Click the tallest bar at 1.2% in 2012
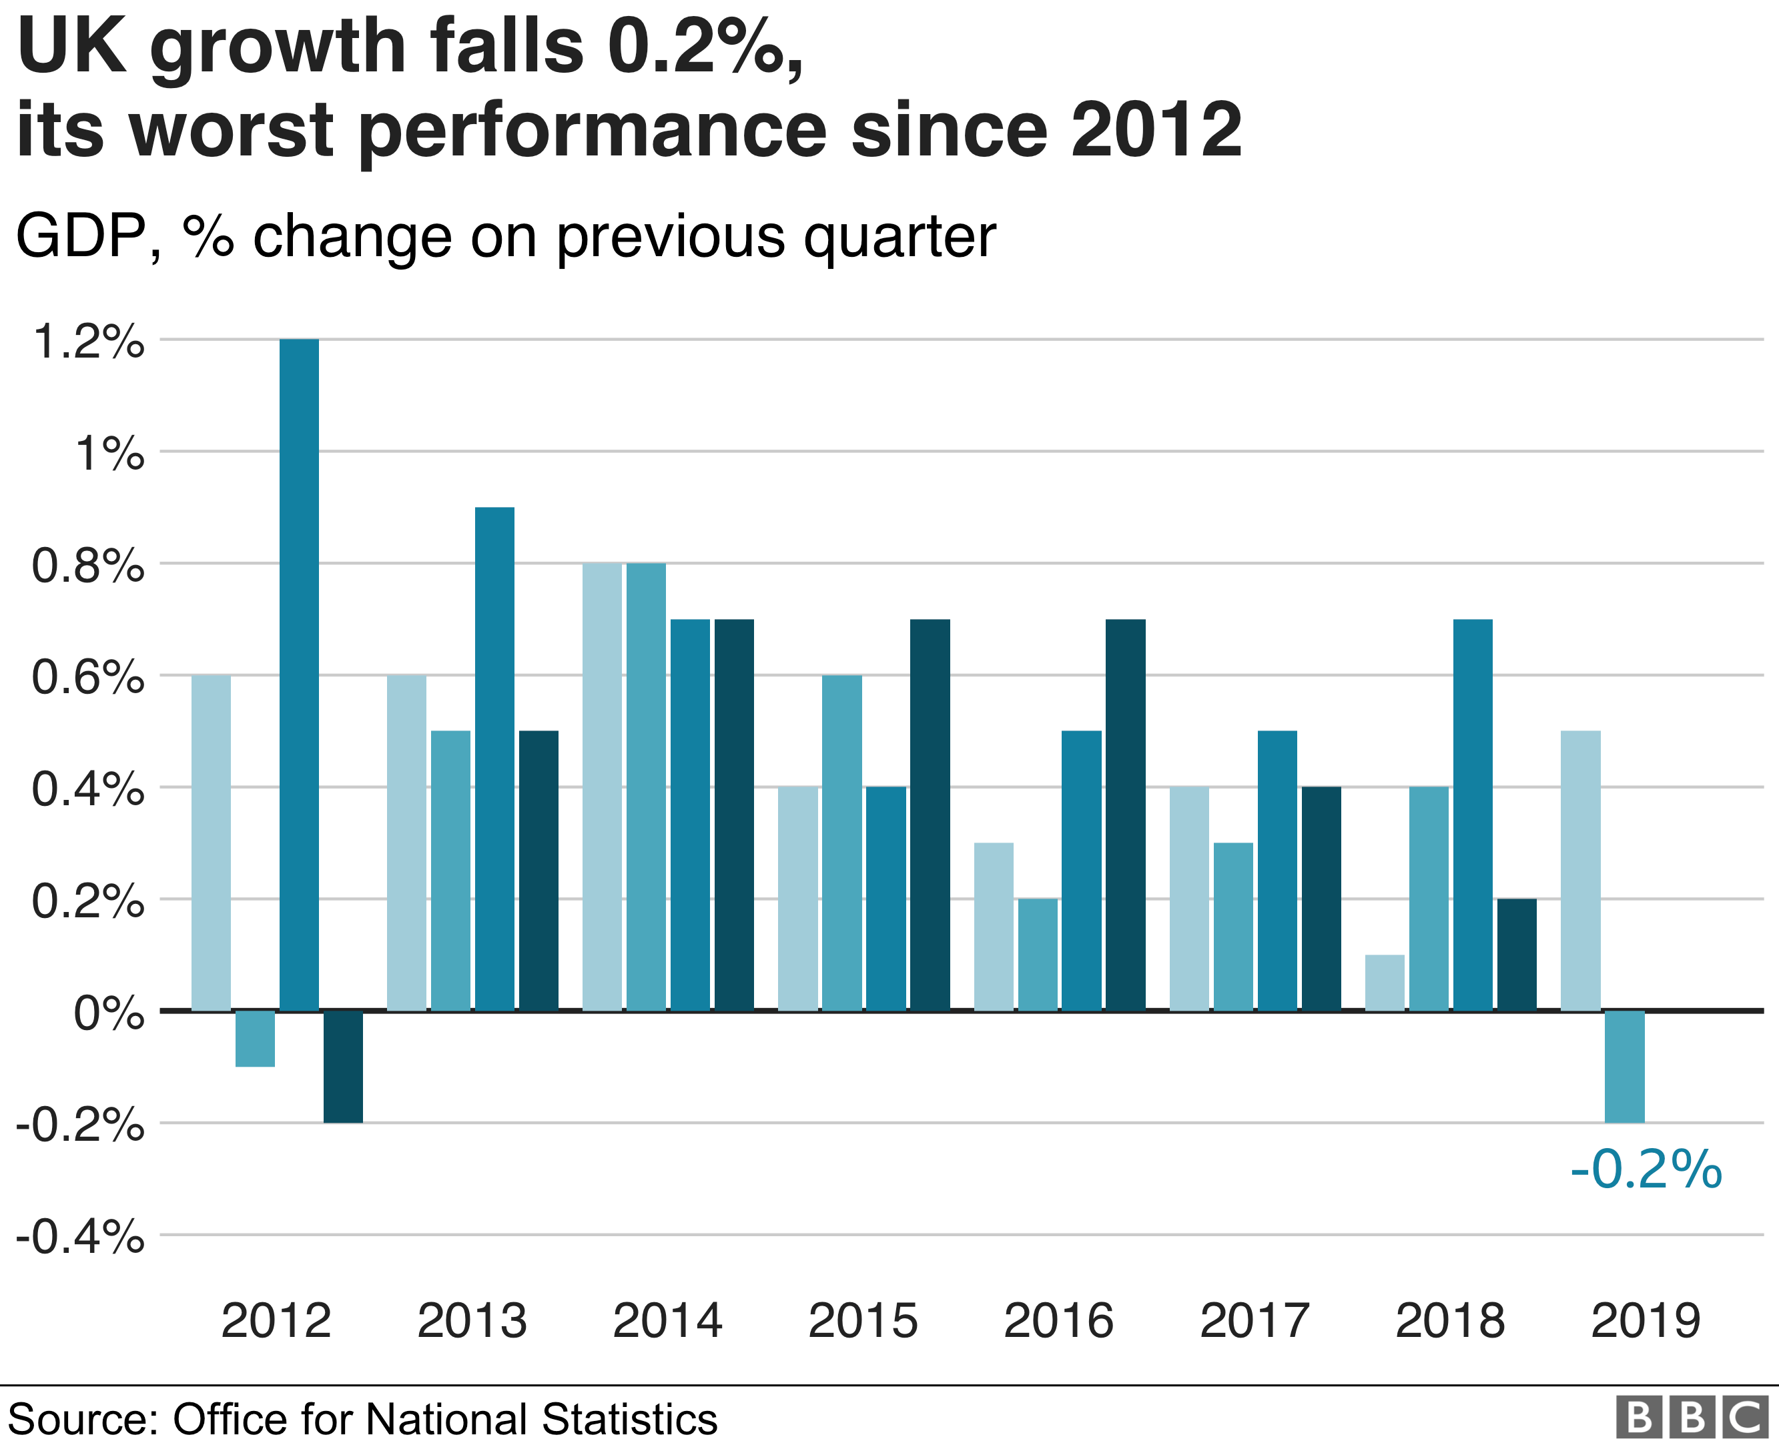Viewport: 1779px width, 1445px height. pyautogui.click(x=299, y=674)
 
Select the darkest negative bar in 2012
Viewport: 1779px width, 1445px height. pyautogui.click(x=343, y=1066)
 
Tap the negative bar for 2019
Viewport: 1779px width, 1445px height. pyautogui.click(x=1624, y=1066)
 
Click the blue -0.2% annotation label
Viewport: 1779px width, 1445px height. pyautogui.click(x=1645, y=1169)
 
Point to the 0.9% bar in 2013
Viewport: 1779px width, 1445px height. pyautogui.click(x=494, y=759)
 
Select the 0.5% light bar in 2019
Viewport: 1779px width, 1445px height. pyautogui.click(x=1580, y=871)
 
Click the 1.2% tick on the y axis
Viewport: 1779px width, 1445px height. pyautogui.click(x=88, y=342)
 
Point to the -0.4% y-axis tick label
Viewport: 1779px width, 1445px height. pyautogui.click(x=80, y=1238)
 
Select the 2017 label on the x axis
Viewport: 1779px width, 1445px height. pyautogui.click(x=1254, y=1321)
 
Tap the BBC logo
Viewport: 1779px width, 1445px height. pyautogui.click(x=1692, y=1418)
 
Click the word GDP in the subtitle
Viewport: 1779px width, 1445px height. pyautogui.click(x=81, y=237)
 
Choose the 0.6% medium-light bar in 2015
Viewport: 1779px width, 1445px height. pyautogui.click(x=841, y=843)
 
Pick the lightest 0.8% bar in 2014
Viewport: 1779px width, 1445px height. pyautogui.click(x=602, y=787)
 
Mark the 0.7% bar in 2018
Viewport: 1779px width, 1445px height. pyautogui.click(x=1473, y=815)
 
